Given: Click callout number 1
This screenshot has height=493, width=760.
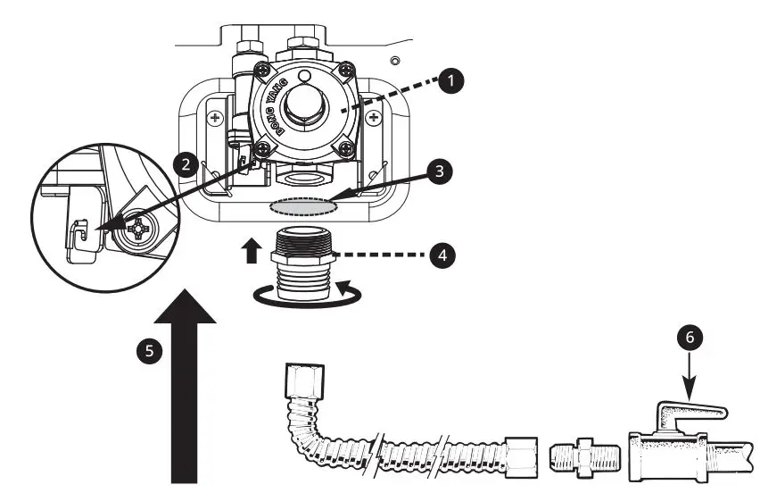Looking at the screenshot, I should pos(454,81).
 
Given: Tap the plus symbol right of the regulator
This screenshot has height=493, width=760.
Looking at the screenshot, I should pos(385,117).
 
